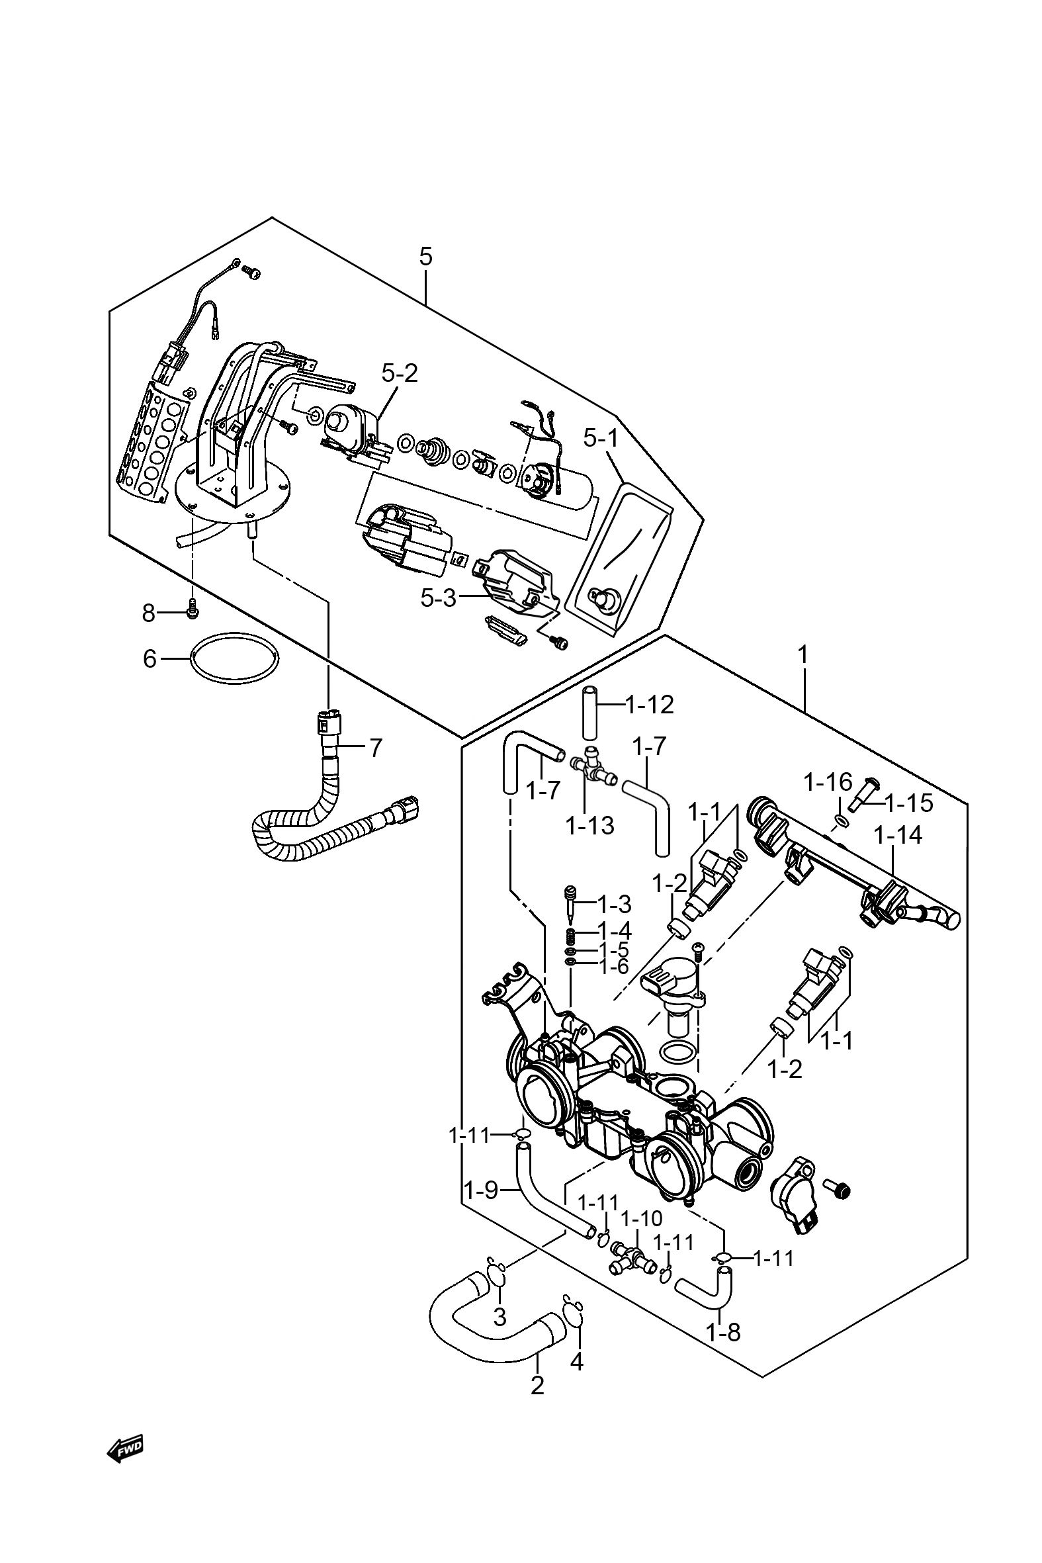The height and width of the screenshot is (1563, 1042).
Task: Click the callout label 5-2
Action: pos(400,373)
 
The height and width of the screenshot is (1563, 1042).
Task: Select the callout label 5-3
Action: pos(439,598)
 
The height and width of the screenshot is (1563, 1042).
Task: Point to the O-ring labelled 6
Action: pos(235,656)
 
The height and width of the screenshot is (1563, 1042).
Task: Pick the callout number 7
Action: pos(376,748)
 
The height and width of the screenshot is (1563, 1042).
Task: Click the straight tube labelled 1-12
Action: pos(589,715)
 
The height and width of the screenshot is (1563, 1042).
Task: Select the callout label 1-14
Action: pos(898,835)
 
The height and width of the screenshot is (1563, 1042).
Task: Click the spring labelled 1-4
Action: pos(570,938)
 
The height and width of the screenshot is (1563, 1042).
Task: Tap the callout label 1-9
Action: pos(481,1190)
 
